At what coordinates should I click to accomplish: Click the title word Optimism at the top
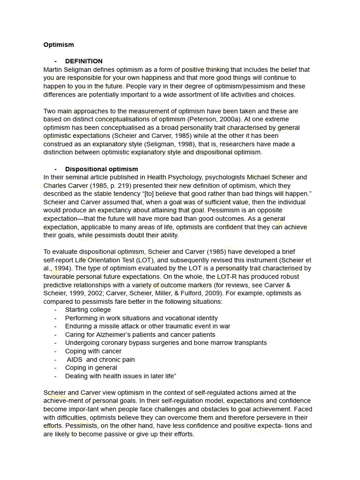[59, 45]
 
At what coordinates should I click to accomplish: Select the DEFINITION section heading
[83, 61]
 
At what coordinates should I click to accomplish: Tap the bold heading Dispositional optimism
[101, 169]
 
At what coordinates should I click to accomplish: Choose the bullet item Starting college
[88, 310]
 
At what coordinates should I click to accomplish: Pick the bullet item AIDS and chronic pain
[101, 360]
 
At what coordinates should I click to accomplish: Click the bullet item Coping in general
[91, 368]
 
